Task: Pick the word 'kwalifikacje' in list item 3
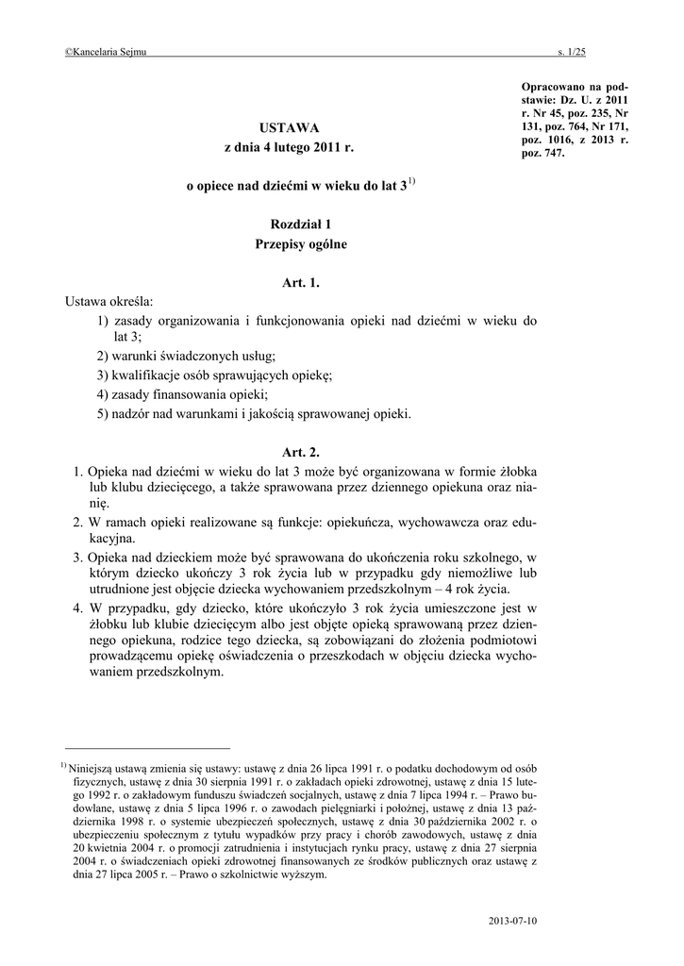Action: (148, 375)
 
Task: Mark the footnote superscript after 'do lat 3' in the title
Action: (413, 181)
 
